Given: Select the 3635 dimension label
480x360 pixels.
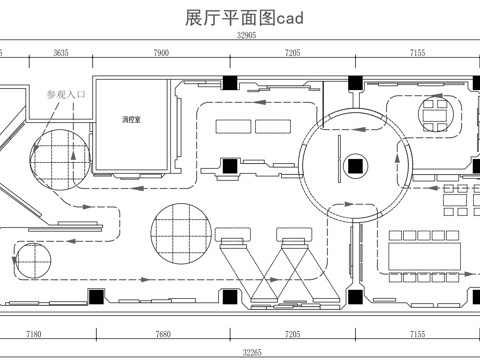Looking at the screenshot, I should (61, 51).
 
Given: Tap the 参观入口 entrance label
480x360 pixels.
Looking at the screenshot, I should (68, 94).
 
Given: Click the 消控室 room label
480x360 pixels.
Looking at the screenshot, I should (131, 120).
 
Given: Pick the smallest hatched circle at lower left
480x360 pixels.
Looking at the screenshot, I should (28, 264).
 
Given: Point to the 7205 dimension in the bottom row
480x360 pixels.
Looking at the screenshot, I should (292, 334).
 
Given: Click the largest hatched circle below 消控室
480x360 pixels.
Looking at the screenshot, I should (181, 231).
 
